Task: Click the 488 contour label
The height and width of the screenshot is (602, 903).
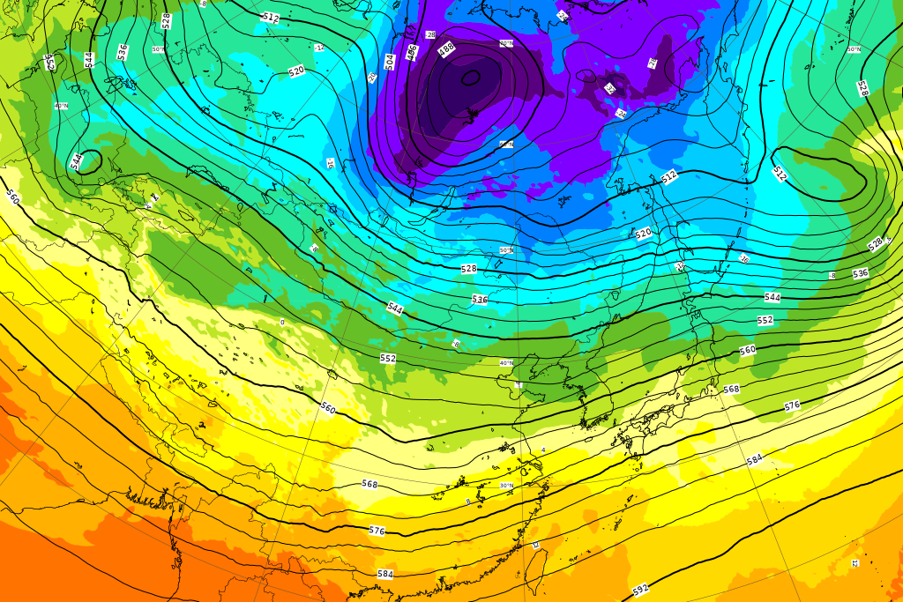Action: tap(446, 50)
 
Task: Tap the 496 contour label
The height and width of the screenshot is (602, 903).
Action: tap(411, 54)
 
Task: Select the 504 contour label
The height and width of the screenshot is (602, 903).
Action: tap(390, 61)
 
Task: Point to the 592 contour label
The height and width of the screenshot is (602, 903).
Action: tap(641, 589)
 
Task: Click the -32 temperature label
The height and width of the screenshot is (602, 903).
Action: tap(609, 89)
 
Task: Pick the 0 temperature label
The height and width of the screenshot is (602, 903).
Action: tap(282, 323)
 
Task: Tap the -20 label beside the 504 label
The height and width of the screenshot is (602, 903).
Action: tap(372, 77)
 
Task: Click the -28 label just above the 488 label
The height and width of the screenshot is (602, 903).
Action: tap(430, 34)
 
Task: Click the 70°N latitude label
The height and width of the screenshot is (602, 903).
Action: tap(506, 43)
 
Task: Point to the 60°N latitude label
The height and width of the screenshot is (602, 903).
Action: tap(506, 144)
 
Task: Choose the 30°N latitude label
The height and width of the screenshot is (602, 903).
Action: tap(506, 485)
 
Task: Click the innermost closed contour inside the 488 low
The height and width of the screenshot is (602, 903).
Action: tap(471, 78)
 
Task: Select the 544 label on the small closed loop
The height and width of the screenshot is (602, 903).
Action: tap(77, 160)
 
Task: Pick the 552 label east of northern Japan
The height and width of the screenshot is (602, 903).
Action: tap(765, 320)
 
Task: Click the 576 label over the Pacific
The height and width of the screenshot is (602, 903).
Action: tap(792, 405)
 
